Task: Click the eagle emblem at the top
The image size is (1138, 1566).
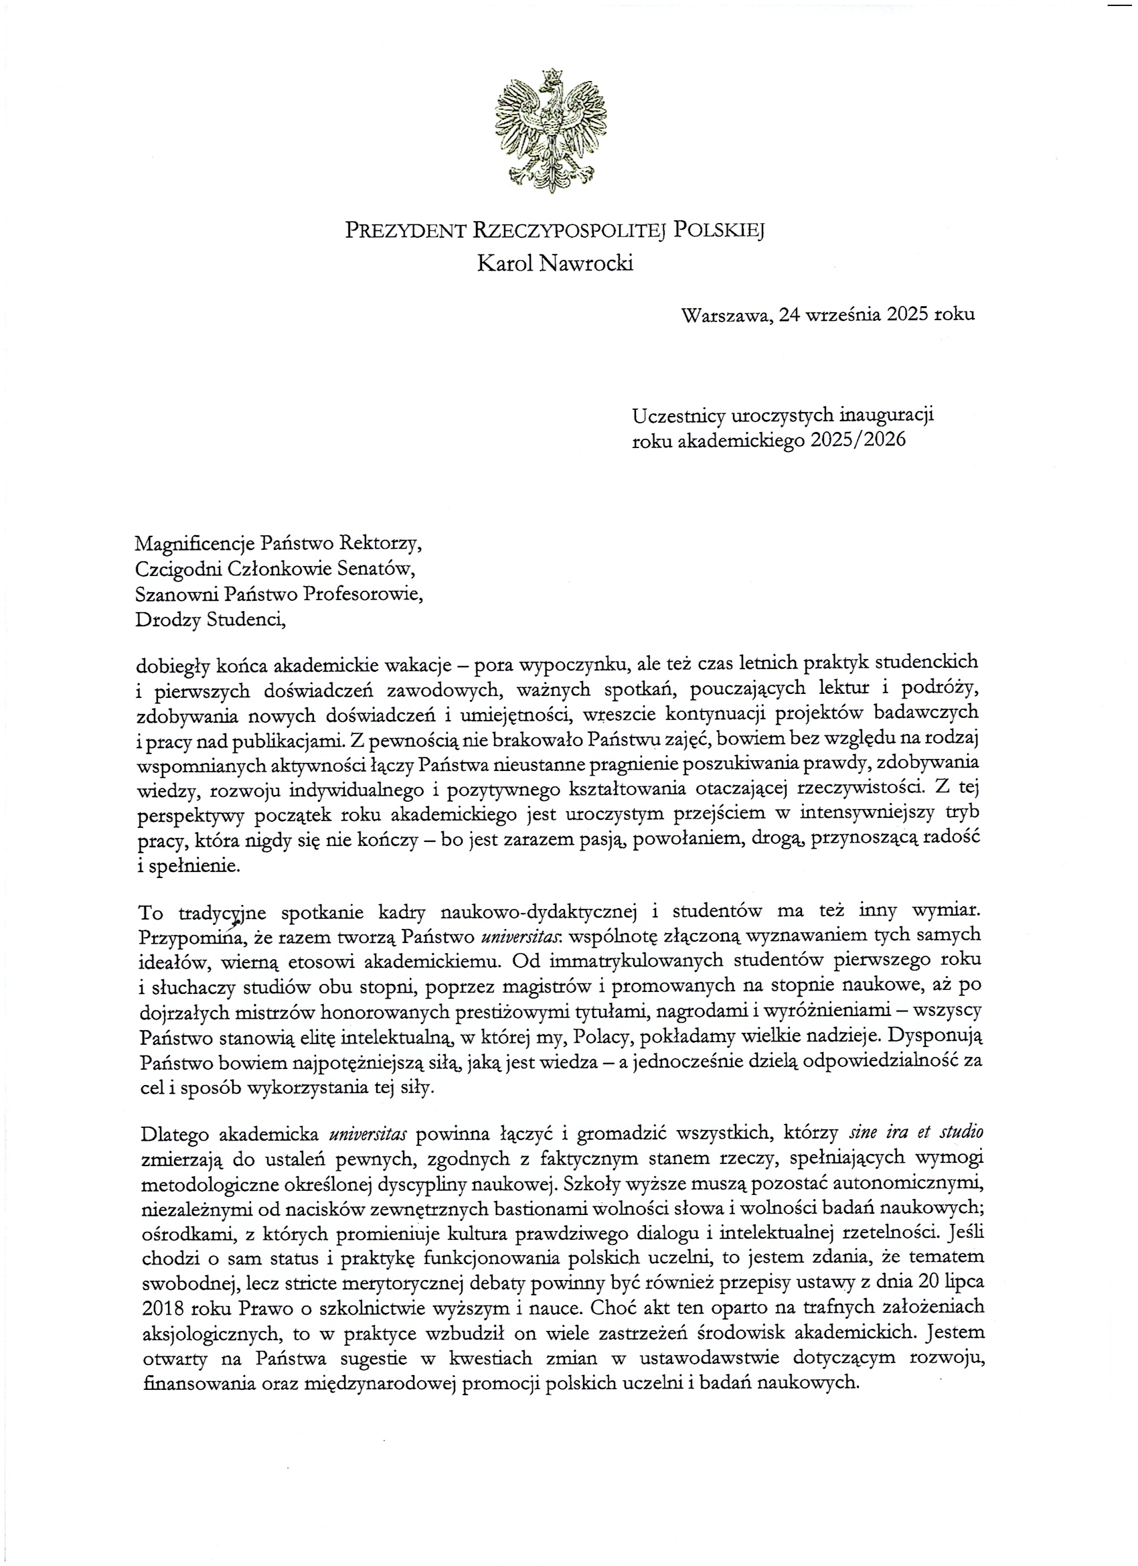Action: click(551, 131)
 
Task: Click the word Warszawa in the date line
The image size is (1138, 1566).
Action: click(724, 315)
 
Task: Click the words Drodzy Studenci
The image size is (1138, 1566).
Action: click(210, 619)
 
